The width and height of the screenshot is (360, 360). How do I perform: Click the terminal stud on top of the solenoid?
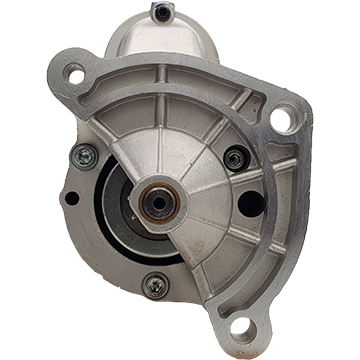[162, 11]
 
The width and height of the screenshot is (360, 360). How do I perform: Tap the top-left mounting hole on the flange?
[75, 72]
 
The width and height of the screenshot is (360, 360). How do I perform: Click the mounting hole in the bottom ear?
[242, 327]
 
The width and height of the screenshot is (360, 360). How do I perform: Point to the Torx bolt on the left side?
[86, 155]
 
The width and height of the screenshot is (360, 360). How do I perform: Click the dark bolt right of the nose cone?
[235, 157]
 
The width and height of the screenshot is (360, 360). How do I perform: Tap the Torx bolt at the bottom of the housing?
[156, 284]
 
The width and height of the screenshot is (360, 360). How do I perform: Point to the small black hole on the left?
[71, 198]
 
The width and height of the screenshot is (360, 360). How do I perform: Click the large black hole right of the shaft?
[252, 203]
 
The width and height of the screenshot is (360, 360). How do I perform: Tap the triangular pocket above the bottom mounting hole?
[240, 290]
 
